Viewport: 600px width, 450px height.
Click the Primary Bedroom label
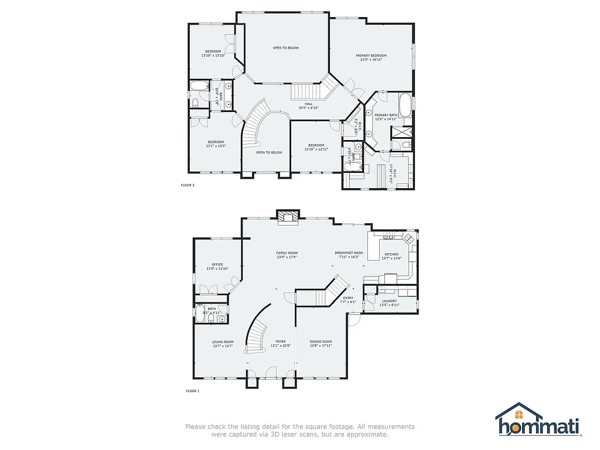371,55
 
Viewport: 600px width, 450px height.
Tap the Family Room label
287,253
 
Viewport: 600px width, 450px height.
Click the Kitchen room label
391,254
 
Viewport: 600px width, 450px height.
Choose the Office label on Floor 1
217,264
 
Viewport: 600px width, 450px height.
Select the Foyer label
281,342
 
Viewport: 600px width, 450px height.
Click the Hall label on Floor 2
308,104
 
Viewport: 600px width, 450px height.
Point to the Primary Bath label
386,115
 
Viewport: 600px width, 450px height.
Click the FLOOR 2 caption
187,185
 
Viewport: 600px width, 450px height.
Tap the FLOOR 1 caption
193,390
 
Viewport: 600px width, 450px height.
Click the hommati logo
538,420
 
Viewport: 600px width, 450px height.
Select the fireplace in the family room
287,217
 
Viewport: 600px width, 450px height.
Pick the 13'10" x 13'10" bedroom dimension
213,56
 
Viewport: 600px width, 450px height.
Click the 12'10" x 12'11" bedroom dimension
316,149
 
